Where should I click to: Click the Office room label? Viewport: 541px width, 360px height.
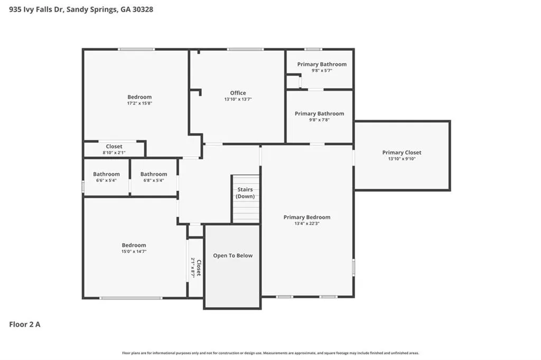pyautogui.click(x=238, y=93)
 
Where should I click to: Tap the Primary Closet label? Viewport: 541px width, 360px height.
pyautogui.click(x=402, y=153)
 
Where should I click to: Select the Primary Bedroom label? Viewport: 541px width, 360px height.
pyautogui.click(x=306, y=217)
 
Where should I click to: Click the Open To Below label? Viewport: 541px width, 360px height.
pyautogui.click(x=232, y=256)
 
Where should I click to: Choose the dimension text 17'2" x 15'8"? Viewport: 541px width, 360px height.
pyautogui.click(x=139, y=104)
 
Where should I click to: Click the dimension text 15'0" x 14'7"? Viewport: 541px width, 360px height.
pyautogui.click(x=134, y=252)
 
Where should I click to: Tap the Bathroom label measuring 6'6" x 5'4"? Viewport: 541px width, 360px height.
pyautogui.click(x=106, y=174)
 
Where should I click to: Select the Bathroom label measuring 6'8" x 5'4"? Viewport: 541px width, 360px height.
pyautogui.click(x=154, y=174)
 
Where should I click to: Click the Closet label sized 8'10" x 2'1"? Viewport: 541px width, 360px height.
pyautogui.click(x=114, y=146)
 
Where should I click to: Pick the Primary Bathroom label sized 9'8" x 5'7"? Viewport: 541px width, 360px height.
pyautogui.click(x=322, y=64)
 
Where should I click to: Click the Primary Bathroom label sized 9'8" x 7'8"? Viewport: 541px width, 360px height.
pyautogui.click(x=319, y=114)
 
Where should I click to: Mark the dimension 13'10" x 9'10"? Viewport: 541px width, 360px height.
pyautogui.click(x=402, y=159)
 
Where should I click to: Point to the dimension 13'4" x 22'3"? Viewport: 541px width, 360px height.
pyautogui.click(x=306, y=224)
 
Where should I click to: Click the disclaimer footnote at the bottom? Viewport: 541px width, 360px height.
pyautogui.click(x=270, y=353)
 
